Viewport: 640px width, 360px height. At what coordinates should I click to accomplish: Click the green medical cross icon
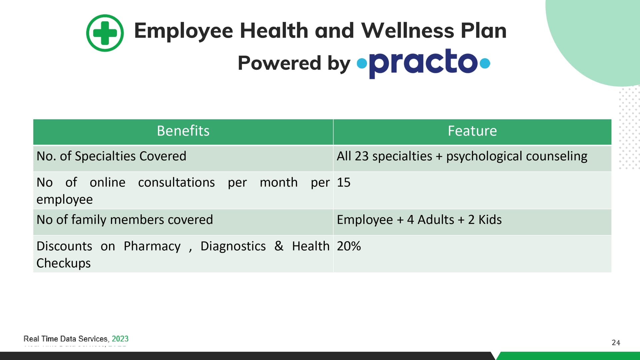[105, 33]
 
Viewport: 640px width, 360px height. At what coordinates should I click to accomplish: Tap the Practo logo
[423, 63]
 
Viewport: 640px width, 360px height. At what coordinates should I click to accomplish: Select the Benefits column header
[183, 131]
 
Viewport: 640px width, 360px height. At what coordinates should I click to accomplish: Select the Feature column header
[472, 131]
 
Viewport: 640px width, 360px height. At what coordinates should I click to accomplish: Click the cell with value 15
[472, 190]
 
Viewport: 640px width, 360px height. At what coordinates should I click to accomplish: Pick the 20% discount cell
[472, 254]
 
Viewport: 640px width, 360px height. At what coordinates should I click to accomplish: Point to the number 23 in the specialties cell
[361, 156]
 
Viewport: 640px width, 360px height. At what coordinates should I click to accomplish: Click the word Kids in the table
[490, 220]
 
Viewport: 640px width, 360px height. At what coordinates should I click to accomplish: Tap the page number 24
[616, 343]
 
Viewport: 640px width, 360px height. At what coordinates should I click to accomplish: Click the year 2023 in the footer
[120, 339]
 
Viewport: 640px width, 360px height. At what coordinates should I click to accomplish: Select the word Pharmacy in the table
[152, 246]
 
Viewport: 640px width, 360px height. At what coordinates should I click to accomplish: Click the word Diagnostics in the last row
[233, 246]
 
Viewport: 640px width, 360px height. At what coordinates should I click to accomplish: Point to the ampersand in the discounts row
[279, 246]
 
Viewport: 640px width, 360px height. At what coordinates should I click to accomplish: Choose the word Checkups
[63, 263]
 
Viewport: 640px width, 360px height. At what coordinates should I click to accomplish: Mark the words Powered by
[294, 63]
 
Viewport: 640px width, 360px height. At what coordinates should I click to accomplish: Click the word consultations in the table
[176, 182]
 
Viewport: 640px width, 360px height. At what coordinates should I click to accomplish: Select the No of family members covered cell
[183, 222]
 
